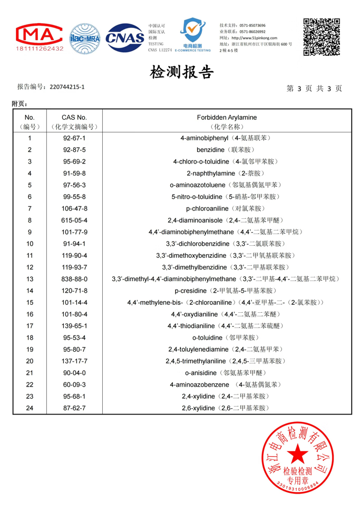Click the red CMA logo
pos(40,34)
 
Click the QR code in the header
pos(321,36)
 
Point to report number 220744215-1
pos(66,86)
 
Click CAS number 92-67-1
pos(74,138)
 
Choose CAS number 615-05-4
pos(74,220)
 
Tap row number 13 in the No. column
pos(30,279)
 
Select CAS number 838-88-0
pos(74,279)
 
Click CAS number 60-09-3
pos(74,384)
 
